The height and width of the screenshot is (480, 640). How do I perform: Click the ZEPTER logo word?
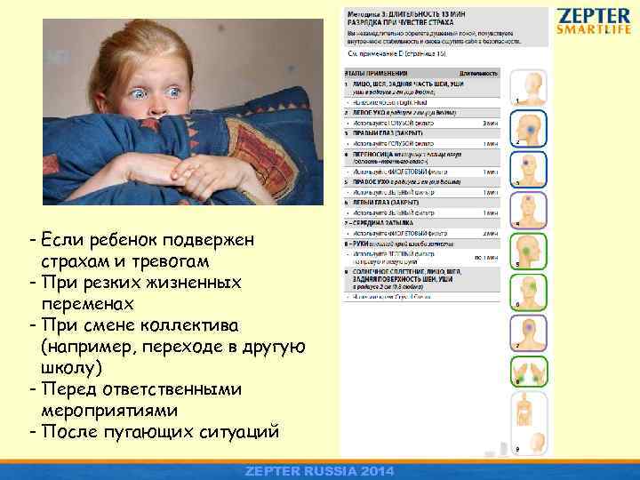tap(594, 16)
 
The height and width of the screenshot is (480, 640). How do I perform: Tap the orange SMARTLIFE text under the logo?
tap(594, 29)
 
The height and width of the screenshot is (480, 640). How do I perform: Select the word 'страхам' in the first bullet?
tap(75, 262)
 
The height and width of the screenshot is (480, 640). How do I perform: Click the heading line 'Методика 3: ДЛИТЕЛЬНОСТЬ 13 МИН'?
tap(396, 15)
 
